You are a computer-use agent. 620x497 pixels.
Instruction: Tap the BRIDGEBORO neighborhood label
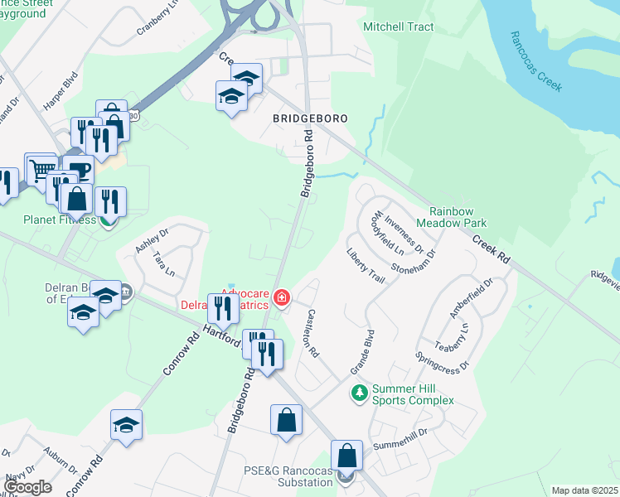(310, 118)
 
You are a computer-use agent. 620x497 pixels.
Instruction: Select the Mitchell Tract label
(399, 27)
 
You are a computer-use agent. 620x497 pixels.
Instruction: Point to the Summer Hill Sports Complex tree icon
(359, 391)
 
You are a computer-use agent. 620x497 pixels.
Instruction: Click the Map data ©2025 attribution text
(584, 490)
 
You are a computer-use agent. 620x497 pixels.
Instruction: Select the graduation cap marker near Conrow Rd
(127, 425)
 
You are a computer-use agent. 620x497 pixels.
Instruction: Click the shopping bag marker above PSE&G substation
(346, 455)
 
